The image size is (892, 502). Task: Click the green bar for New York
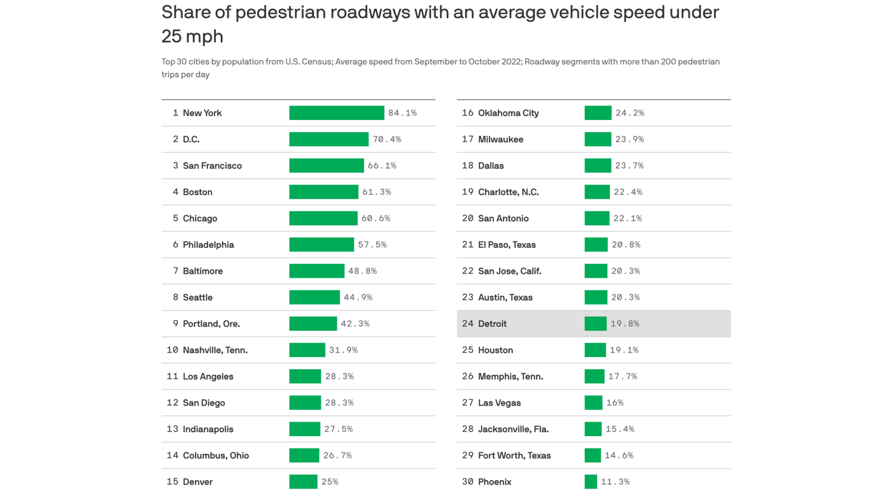[336, 113]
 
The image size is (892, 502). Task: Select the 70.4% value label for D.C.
[387, 139]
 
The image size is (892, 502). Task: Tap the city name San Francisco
[212, 166]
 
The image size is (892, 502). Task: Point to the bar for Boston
[323, 192]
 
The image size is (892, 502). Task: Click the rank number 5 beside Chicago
[176, 218]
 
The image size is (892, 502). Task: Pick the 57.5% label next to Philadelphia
[372, 245]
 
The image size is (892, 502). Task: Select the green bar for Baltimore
[316, 271]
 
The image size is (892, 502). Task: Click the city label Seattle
[197, 297]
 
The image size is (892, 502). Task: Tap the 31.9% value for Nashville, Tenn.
[343, 350]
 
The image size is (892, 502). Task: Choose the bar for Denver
[303, 482]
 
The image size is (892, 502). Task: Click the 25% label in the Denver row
[330, 482]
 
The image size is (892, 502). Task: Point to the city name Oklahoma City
[508, 113]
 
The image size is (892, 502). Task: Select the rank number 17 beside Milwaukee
[467, 139]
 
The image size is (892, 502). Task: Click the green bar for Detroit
[595, 324]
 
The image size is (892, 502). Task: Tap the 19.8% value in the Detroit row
[625, 324]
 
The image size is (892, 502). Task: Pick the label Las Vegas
[499, 403]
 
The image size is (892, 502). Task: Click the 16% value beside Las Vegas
[615, 403]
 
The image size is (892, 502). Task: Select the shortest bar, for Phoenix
[590, 482]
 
